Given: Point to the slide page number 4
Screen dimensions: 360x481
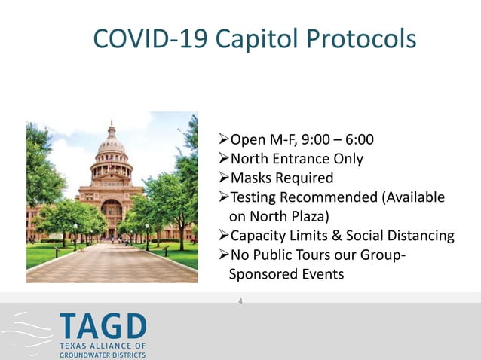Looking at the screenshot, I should point(240,301).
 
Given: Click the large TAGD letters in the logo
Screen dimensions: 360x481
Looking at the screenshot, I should point(103,327).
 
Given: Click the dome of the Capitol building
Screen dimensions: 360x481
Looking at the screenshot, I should point(111,142).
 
